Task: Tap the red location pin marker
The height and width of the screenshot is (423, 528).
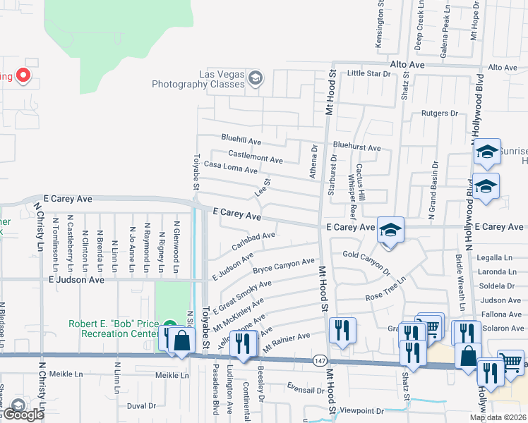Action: (23, 75)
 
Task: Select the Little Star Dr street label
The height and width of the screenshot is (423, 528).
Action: (369, 73)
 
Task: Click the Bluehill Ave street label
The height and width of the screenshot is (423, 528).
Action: (241, 139)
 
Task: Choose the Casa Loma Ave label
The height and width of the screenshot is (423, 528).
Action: (230, 167)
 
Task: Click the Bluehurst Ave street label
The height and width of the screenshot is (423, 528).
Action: (357, 148)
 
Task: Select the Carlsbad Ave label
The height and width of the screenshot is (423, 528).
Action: (253, 240)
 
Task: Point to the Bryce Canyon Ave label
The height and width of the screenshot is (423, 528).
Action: (283, 266)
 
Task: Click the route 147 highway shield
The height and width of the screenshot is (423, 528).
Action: (320, 360)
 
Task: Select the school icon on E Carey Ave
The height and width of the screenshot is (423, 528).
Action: (390, 230)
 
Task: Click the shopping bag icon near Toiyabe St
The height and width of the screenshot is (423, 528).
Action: (181, 341)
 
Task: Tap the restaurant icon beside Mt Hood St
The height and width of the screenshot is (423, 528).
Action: (342, 330)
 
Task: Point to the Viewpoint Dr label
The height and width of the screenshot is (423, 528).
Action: (361, 410)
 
